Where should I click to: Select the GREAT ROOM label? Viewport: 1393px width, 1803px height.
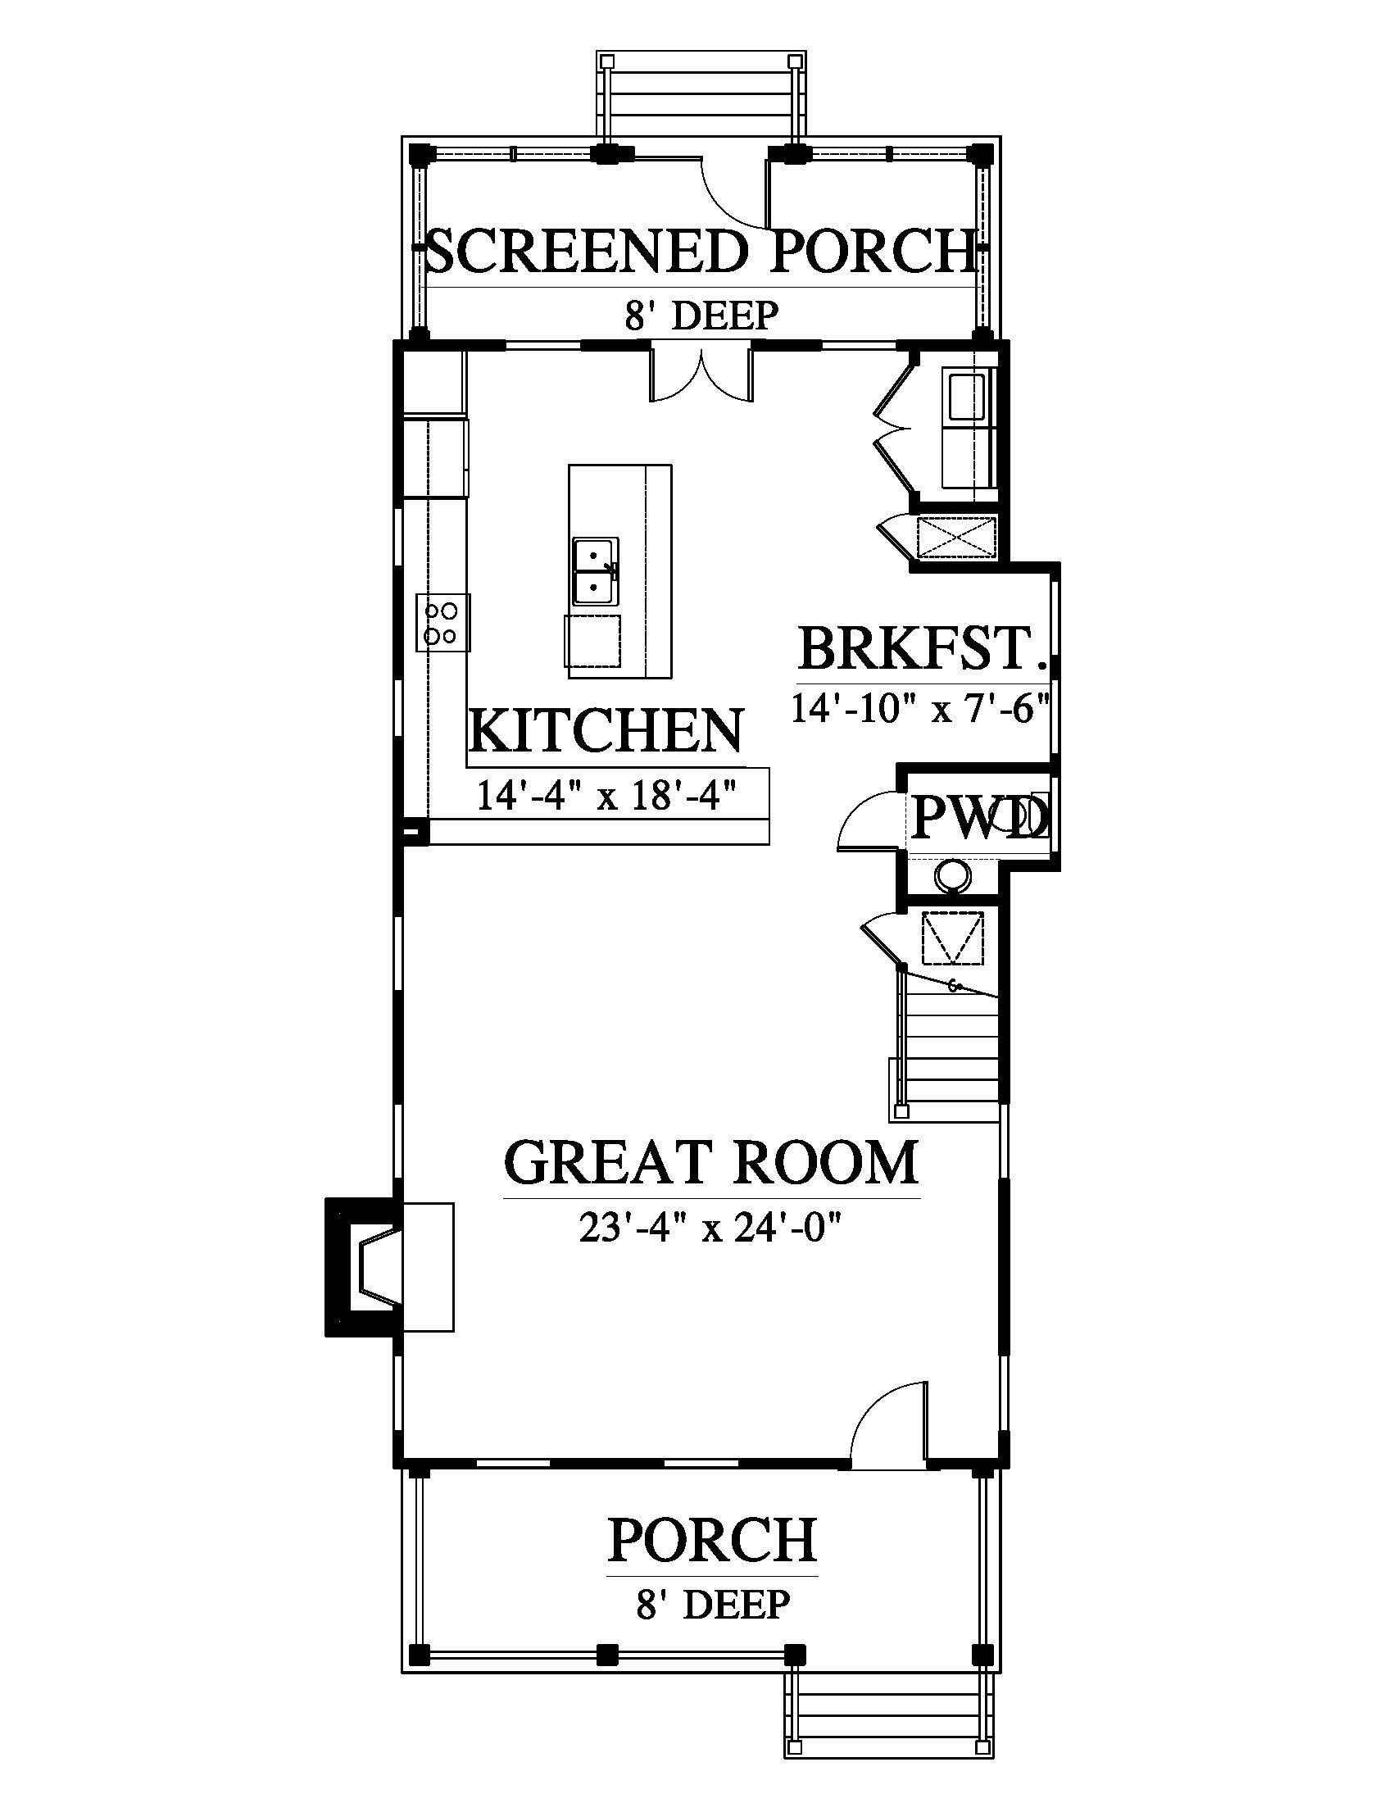[x=711, y=1162]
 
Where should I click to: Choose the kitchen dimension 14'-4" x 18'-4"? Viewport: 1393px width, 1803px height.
[x=606, y=797]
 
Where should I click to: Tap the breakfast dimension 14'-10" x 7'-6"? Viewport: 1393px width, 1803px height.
[x=920, y=708]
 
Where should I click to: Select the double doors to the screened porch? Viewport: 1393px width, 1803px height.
[x=702, y=375]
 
